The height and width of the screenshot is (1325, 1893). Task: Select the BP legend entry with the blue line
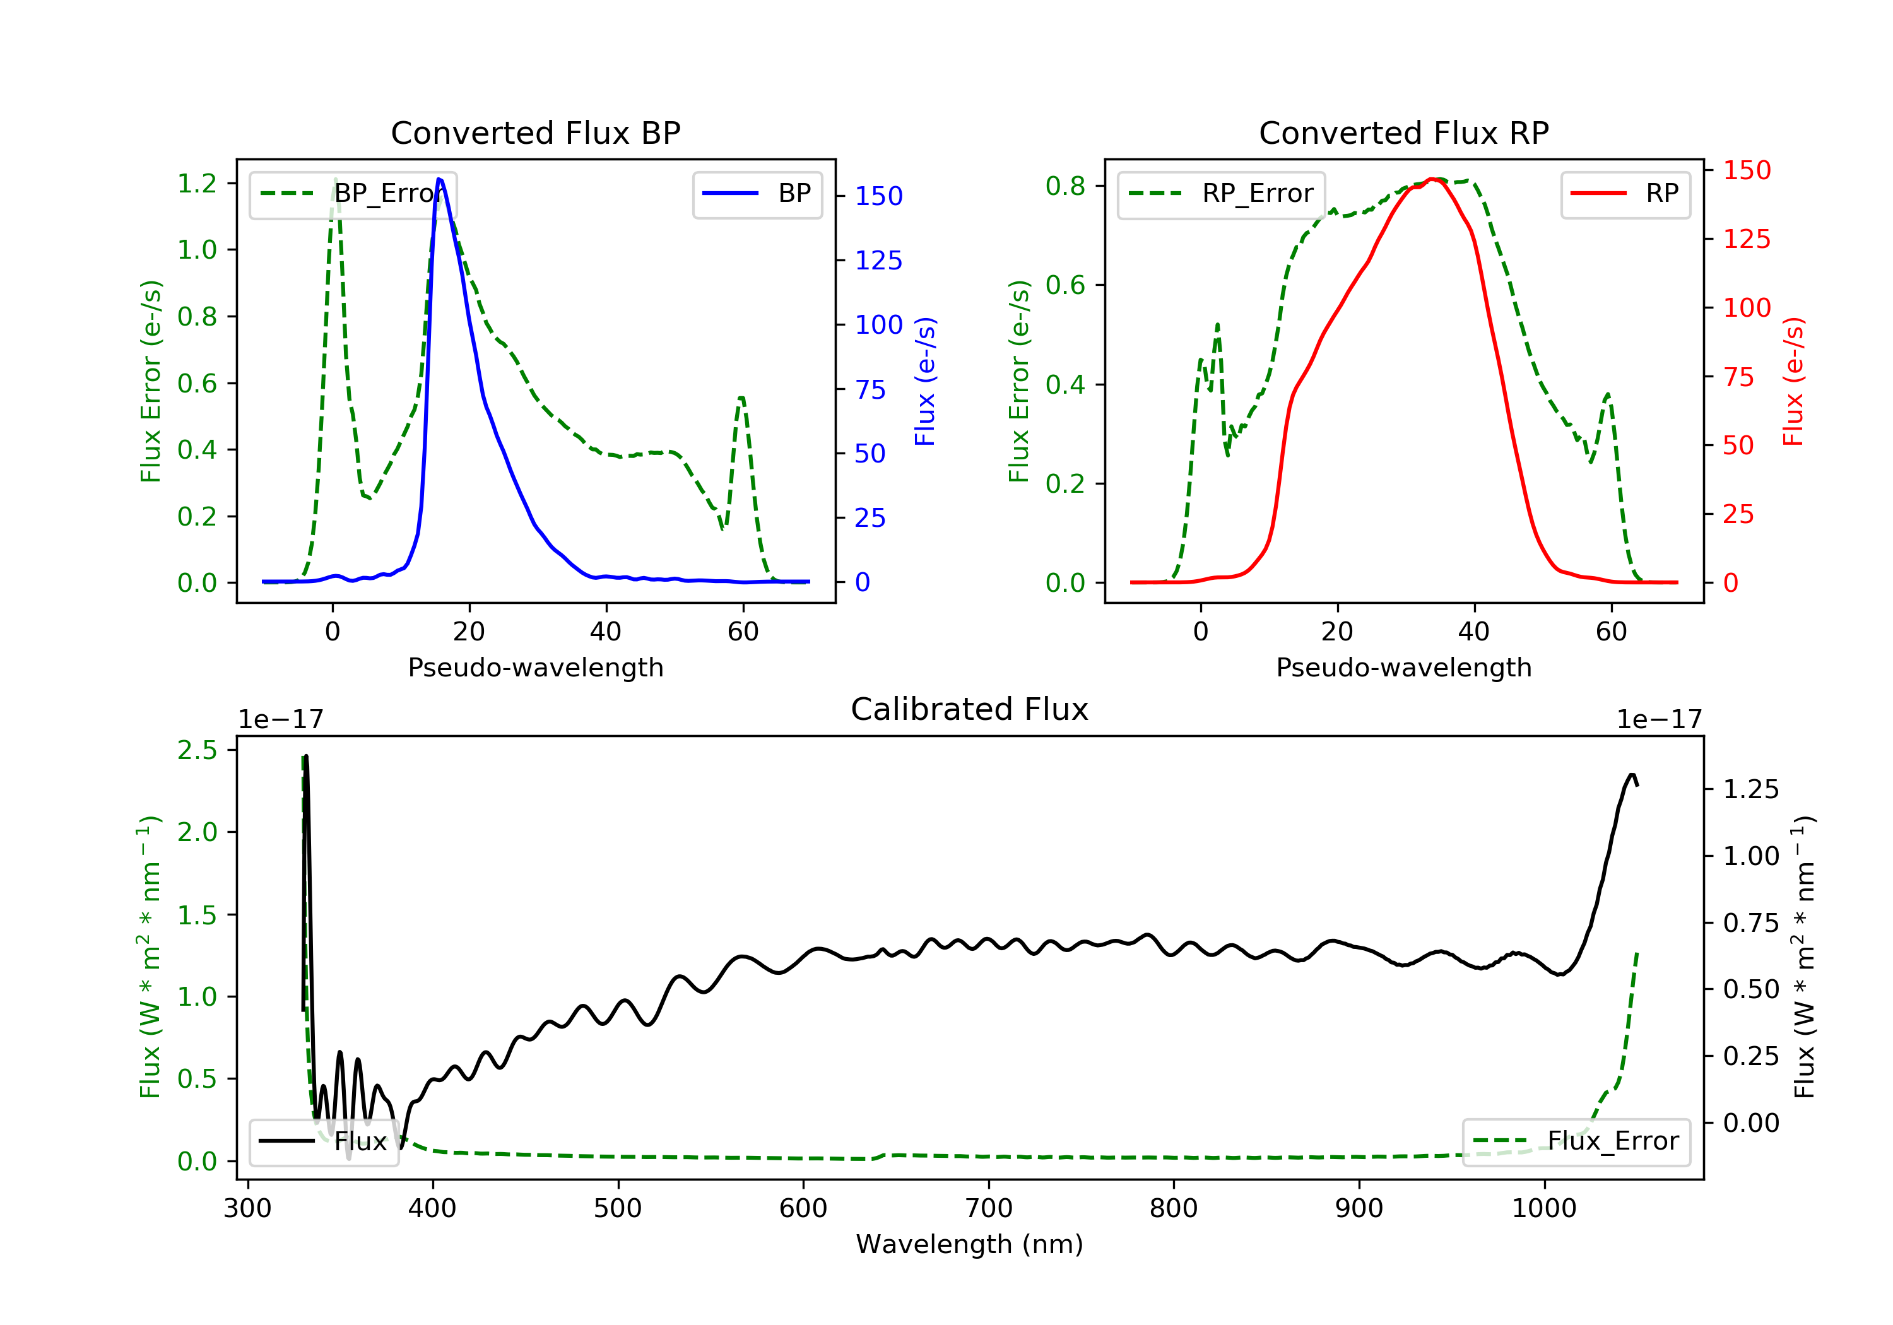[757, 194]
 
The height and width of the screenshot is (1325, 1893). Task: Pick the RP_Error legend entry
[1221, 194]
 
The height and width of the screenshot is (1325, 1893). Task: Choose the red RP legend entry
[1624, 194]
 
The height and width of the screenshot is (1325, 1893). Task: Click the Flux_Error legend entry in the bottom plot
[1576, 1141]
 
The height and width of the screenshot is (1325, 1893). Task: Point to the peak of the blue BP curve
[439, 179]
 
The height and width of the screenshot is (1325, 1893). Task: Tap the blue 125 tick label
[878, 261]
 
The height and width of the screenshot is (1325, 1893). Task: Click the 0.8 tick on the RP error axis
[1065, 186]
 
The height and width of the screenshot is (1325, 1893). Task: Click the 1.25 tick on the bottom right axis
[1750, 790]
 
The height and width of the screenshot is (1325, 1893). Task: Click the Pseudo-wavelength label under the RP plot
[1403, 668]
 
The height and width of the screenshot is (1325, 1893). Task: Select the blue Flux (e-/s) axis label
[925, 381]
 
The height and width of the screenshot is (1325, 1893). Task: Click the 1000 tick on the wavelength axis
[1543, 1209]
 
